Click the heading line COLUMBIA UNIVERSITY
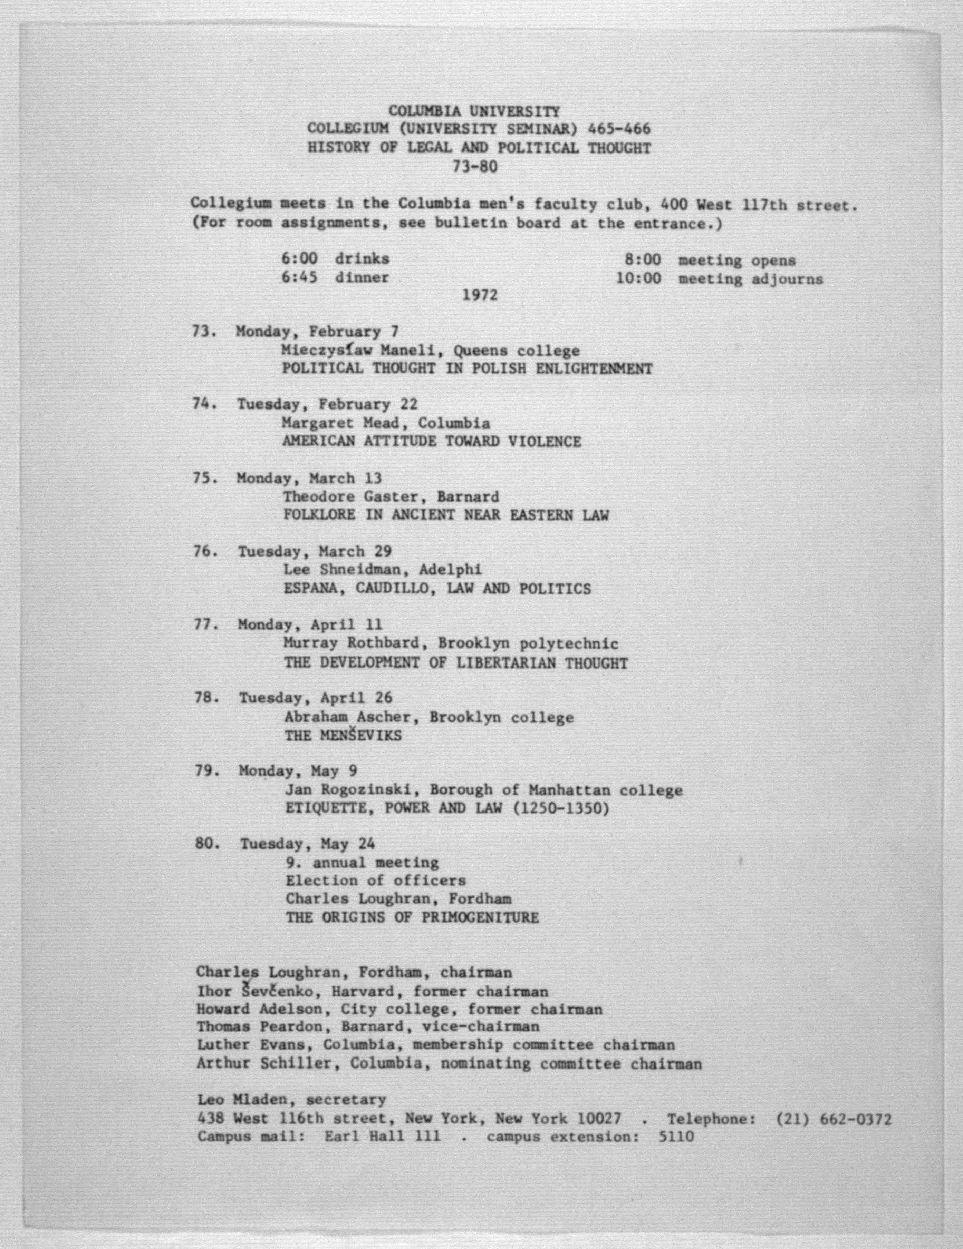[x=474, y=111]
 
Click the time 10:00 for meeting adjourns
[x=638, y=279]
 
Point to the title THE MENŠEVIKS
[x=343, y=736]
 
